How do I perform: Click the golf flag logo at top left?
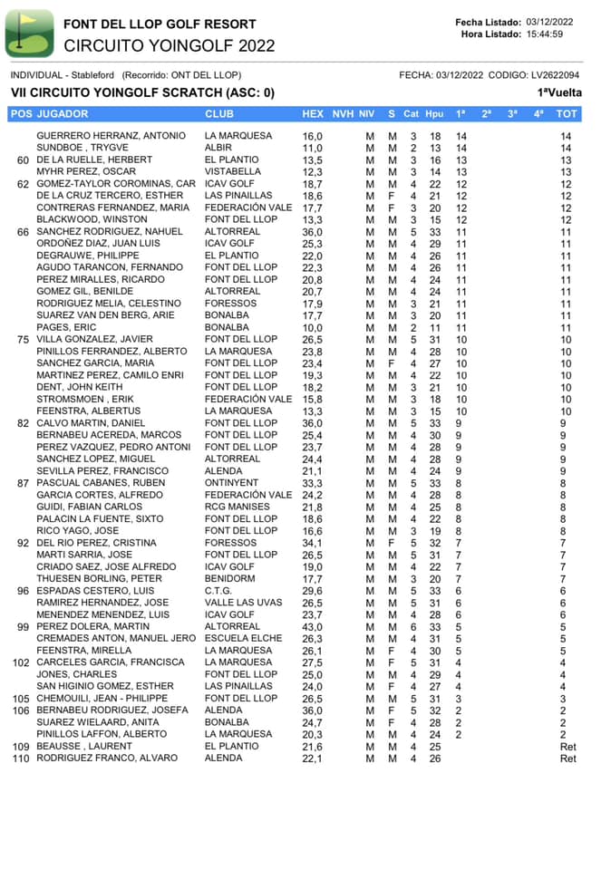(x=29, y=33)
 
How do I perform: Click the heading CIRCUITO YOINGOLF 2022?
(x=170, y=45)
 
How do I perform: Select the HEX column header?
(x=312, y=114)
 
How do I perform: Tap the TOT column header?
(x=567, y=114)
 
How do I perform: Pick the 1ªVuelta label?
(x=558, y=92)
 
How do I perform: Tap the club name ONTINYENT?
(x=231, y=483)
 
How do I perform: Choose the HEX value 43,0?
(x=312, y=626)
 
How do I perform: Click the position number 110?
(x=21, y=758)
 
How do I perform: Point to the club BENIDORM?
(x=230, y=578)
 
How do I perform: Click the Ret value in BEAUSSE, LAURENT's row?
(x=567, y=746)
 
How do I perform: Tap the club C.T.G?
(x=220, y=590)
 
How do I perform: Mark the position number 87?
(x=24, y=483)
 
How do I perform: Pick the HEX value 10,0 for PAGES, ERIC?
(x=312, y=327)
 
